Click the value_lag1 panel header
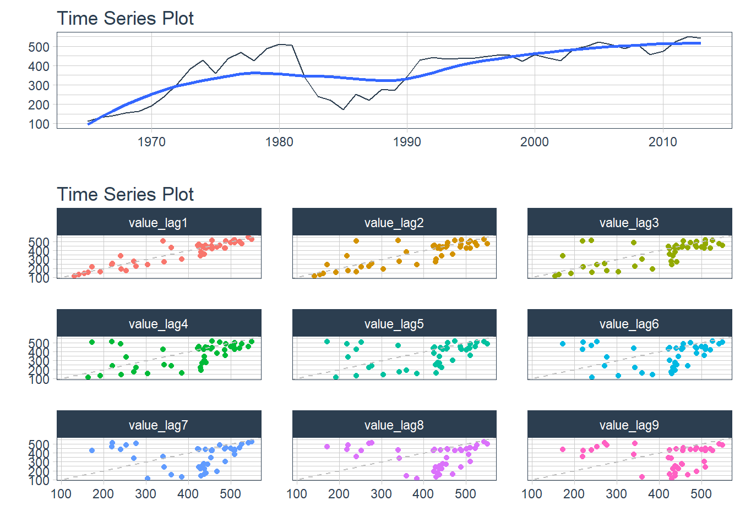[159, 222]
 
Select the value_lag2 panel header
[394, 222]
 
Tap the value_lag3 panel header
[629, 222]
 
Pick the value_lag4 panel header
[159, 323]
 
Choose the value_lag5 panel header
[394, 323]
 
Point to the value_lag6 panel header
[629, 323]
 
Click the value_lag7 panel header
[159, 425]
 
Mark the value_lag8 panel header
[394, 425]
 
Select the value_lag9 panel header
[629, 425]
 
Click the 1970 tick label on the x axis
[151, 142]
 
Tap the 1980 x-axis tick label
[279, 142]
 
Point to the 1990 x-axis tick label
[407, 142]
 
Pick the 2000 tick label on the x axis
[535, 142]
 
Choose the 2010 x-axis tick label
[662, 142]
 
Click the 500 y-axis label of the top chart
[39, 47]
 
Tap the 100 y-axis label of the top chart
[39, 124]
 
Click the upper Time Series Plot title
[126, 18]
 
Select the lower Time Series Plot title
[126, 194]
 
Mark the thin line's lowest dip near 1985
[343, 109]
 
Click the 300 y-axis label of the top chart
[39, 86]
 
